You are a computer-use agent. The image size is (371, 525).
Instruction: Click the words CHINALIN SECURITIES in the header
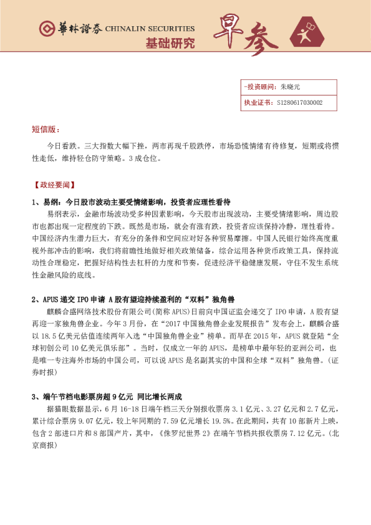pyautogui.click(x=150, y=29)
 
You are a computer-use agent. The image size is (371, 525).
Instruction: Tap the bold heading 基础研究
pyautogui.click(x=170, y=44)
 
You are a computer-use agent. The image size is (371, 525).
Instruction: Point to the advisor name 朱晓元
pyautogui.click(x=291, y=87)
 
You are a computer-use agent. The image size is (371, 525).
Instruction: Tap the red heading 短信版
pyautogui.click(x=46, y=129)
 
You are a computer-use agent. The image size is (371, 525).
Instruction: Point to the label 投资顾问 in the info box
pyautogui.click(x=259, y=87)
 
